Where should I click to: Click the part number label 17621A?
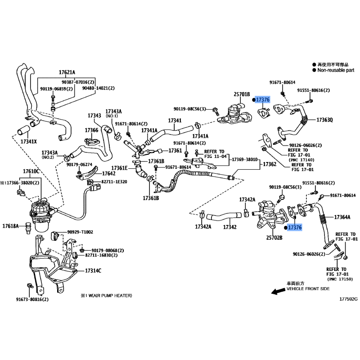(x=67, y=72)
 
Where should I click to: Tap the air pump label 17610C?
(x=31, y=171)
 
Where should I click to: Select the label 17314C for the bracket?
(x=93, y=271)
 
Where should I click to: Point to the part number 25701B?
(x=242, y=94)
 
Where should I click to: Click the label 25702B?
(x=274, y=238)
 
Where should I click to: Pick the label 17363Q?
(x=324, y=120)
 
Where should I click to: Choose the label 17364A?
(x=342, y=217)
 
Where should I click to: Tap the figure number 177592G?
(x=348, y=299)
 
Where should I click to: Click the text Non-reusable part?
(x=336, y=70)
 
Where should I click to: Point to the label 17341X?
(x=28, y=141)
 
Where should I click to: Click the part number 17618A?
(x=10, y=226)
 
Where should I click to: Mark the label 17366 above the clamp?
(x=91, y=130)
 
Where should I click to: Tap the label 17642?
(x=108, y=174)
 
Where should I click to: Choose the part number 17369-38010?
(x=245, y=159)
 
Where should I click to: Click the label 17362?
(x=270, y=164)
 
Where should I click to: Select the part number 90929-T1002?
(x=80, y=232)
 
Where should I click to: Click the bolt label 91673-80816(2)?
(x=32, y=299)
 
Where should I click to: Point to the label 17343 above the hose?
(x=94, y=115)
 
